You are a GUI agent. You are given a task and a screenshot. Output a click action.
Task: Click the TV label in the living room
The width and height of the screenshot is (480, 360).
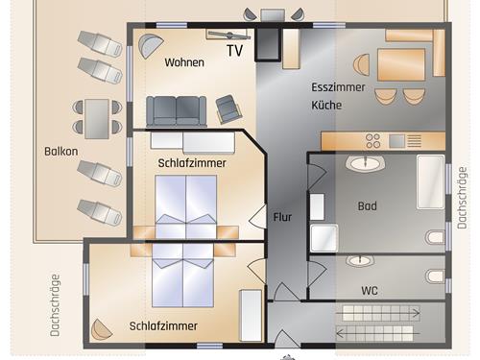[234, 51]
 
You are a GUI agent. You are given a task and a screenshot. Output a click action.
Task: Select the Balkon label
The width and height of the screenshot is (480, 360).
[60, 152]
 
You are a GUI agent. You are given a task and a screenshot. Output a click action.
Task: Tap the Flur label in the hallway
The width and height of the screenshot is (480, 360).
[282, 216]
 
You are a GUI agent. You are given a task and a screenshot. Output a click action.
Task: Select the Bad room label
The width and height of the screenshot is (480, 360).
[367, 205]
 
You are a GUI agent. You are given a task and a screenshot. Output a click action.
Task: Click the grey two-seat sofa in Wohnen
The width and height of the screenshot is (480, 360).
[177, 109]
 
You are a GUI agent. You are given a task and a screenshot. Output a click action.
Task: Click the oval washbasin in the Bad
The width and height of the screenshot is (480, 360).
[364, 164]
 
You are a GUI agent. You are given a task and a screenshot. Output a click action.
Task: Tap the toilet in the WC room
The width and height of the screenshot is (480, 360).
[436, 276]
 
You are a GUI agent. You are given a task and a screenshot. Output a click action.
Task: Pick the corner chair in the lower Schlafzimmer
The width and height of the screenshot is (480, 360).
[102, 329]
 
